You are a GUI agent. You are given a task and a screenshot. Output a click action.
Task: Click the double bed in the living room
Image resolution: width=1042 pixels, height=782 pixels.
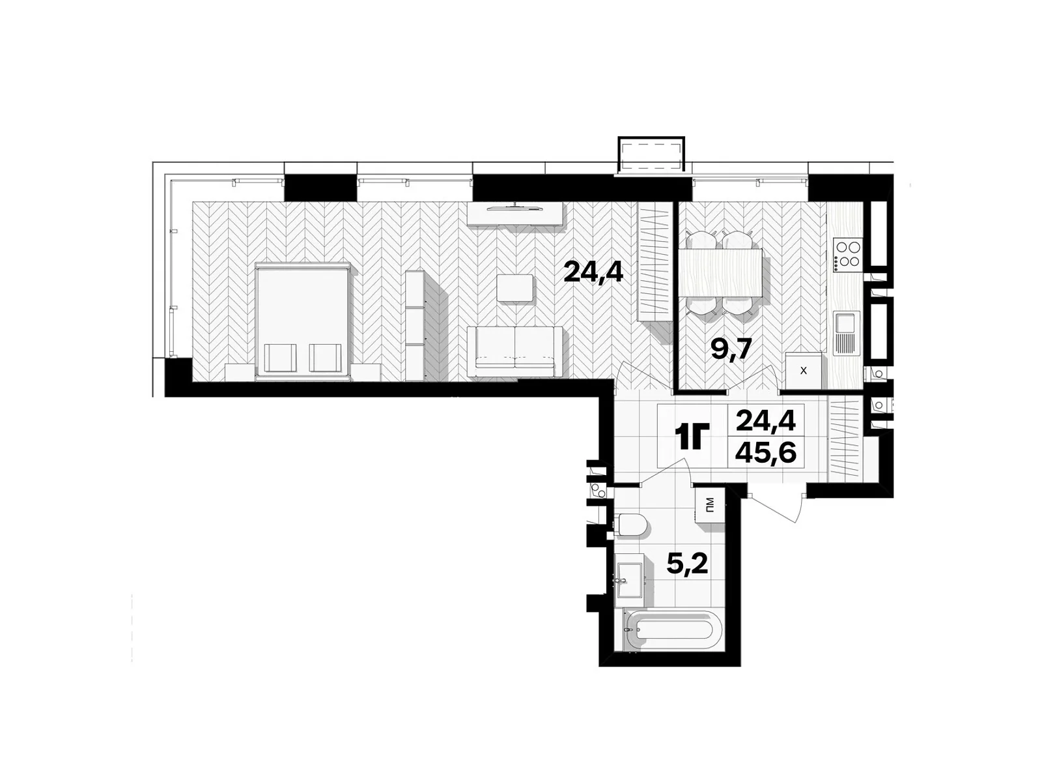pos(303,321)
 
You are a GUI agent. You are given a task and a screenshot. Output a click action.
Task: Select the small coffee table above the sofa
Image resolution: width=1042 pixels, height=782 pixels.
pos(514,287)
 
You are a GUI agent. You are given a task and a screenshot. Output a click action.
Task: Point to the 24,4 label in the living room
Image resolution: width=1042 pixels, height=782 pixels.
pos(593,272)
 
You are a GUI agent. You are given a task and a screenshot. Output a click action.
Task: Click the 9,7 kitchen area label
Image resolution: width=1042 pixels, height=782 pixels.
pos(731,350)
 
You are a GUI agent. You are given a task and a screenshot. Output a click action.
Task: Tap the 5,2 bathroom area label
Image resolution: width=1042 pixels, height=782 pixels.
pos(687,564)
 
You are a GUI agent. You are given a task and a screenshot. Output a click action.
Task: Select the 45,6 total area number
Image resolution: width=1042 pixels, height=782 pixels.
pos(766,454)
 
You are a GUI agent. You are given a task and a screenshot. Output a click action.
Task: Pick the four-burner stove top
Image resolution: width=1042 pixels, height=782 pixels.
pos(848,254)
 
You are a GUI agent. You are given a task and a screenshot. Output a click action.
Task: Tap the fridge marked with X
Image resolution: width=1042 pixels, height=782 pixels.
pos(803,371)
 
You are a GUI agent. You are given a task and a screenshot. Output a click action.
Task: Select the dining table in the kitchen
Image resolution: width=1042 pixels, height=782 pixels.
pos(721,274)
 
